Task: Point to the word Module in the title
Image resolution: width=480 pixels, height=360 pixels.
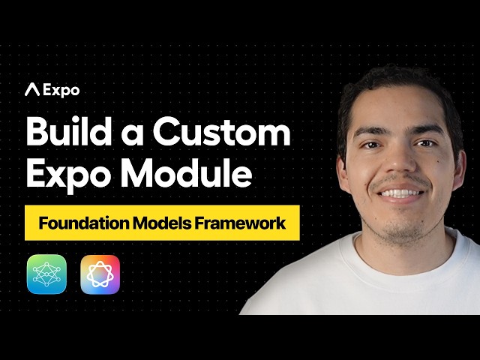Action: pos(188,174)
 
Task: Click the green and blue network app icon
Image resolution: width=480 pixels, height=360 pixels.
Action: pos(46,274)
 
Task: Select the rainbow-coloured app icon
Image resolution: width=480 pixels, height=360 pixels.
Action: pos(100,274)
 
